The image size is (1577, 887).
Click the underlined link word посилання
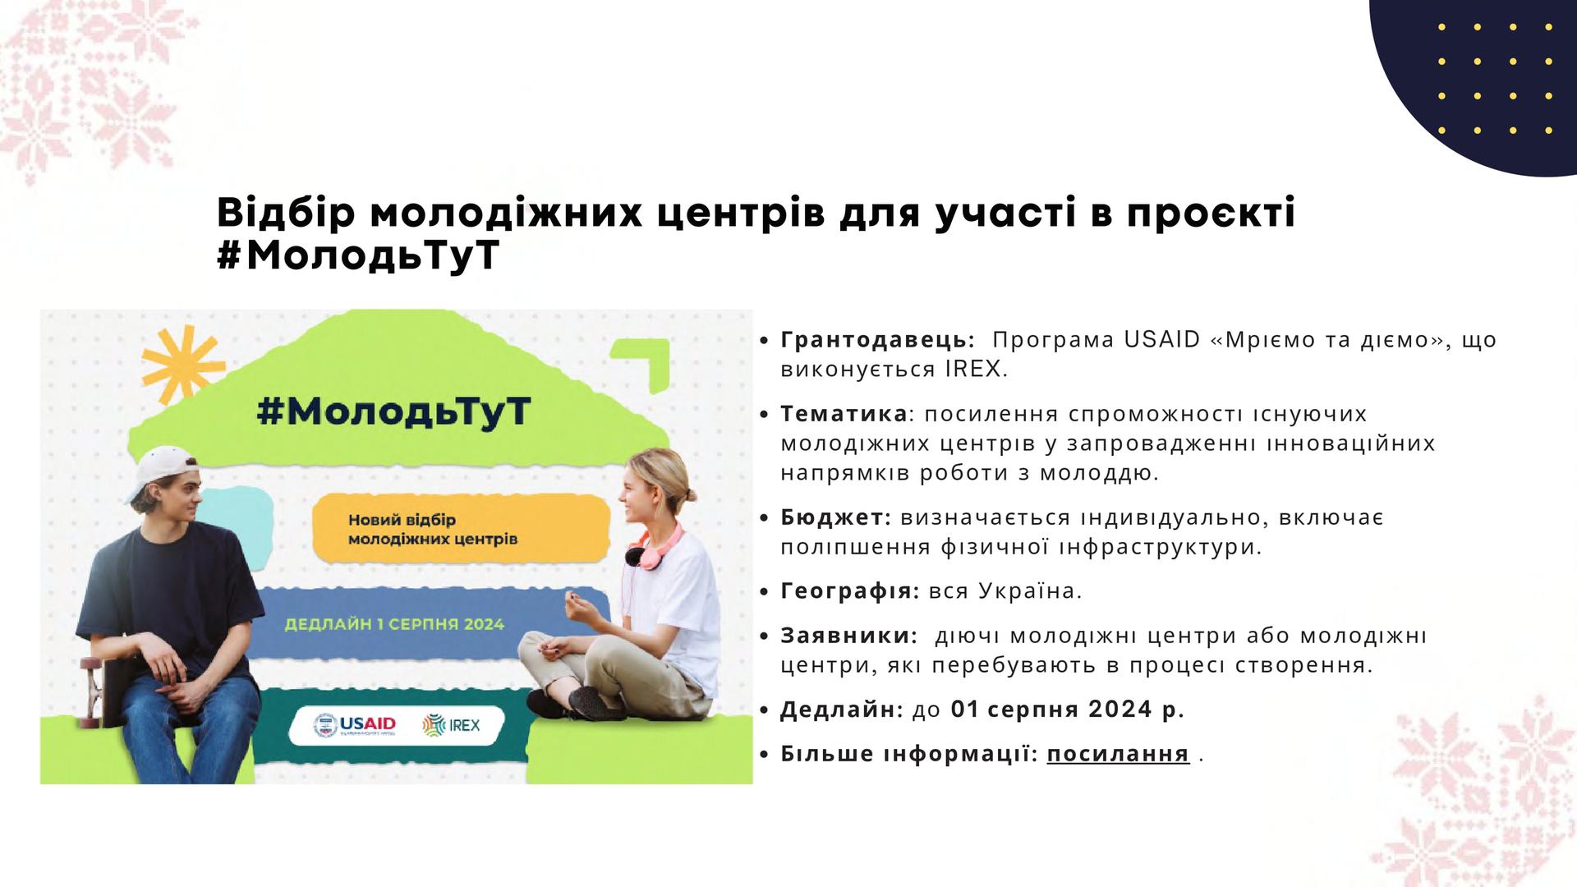coord(1118,754)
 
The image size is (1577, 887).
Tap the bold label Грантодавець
coord(877,340)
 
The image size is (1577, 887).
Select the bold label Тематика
coord(844,413)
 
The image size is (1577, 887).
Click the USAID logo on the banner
coord(355,725)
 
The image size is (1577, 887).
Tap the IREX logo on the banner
coord(451,725)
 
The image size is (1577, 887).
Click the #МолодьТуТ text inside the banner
coord(394,412)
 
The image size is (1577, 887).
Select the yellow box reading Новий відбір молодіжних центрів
coord(461,530)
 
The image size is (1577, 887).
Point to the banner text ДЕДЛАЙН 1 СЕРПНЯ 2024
coord(394,624)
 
